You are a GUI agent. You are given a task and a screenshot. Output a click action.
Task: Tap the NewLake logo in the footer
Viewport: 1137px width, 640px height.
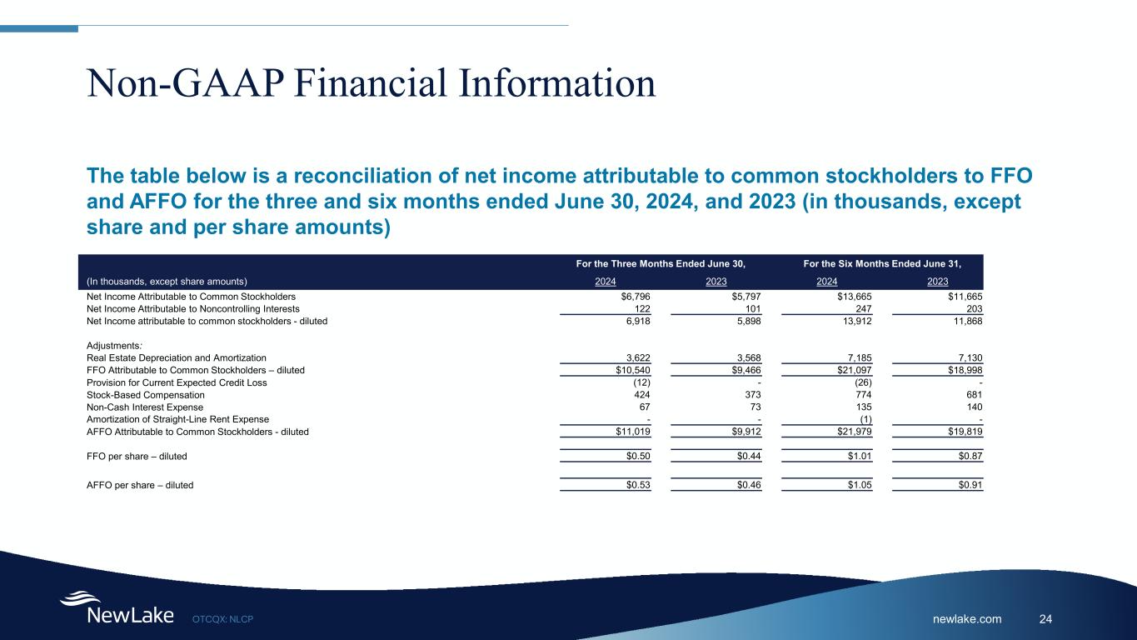117,610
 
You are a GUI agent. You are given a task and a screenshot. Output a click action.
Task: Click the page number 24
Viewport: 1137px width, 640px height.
1046,618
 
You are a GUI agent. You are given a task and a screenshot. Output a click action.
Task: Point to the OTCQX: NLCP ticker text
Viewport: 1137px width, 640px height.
222,619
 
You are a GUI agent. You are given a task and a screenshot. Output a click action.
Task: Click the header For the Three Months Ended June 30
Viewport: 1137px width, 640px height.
661,263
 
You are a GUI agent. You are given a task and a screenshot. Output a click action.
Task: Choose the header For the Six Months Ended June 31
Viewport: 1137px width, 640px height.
882,263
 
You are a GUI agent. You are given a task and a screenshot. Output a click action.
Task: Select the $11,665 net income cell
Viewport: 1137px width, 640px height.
965,297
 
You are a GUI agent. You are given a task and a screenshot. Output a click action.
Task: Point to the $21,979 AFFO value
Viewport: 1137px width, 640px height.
854,432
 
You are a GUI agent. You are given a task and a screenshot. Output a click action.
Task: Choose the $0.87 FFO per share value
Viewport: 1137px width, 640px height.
970,457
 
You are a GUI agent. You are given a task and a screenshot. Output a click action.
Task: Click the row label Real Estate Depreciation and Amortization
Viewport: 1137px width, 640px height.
177,357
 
